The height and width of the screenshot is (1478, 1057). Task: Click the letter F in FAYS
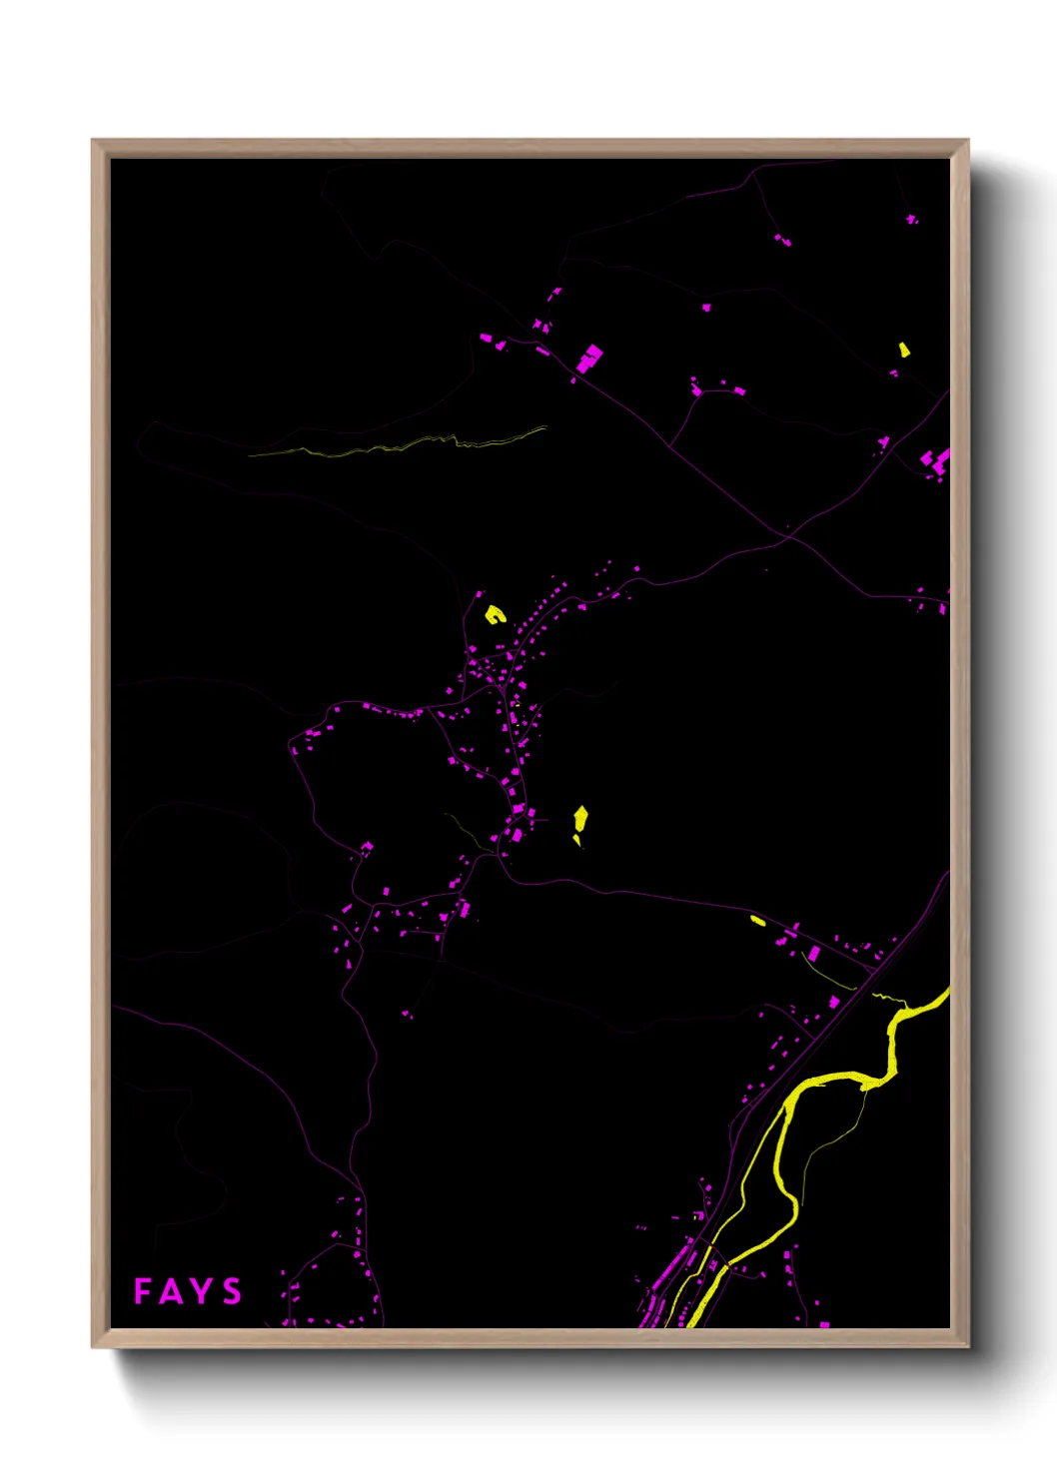144,1291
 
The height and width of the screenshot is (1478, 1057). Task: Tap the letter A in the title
172,1292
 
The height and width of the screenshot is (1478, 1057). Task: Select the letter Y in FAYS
202,1291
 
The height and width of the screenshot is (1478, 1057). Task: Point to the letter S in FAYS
232,1291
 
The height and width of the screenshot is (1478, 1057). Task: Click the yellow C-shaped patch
495,614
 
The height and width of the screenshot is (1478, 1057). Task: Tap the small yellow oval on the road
757,920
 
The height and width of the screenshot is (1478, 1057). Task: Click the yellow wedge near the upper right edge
904,350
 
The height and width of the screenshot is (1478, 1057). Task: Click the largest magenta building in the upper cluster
590,357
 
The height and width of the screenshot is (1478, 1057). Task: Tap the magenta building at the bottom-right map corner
824,1324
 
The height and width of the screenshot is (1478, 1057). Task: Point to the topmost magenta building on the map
911,218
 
